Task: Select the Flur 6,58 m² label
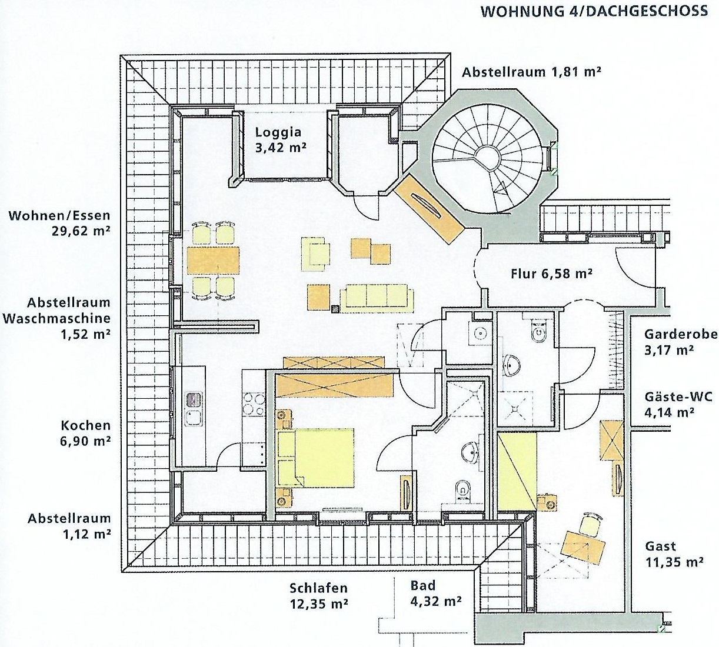pyautogui.click(x=551, y=273)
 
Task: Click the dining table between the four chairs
pyautogui.click(x=213, y=259)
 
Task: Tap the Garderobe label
pyautogui.click(x=680, y=334)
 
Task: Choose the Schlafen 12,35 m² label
pyautogui.click(x=318, y=595)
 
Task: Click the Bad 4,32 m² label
pyautogui.click(x=435, y=593)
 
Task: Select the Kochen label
pyautogui.click(x=85, y=425)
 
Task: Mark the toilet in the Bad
pyautogui.click(x=462, y=489)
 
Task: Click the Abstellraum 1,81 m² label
pyautogui.click(x=531, y=72)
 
